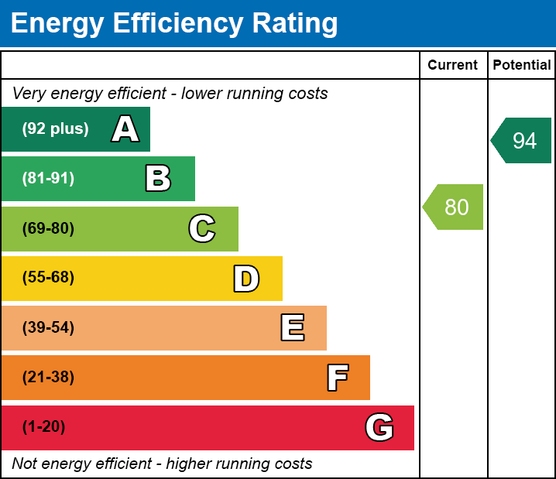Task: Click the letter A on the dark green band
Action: click(x=125, y=129)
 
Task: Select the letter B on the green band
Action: click(x=158, y=179)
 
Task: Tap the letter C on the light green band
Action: click(x=202, y=228)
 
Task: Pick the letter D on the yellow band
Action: click(x=246, y=279)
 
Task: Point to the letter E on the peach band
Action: click(x=292, y=328)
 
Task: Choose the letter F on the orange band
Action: click(x=337, y=378)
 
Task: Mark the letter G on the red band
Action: click(x=379, y=427)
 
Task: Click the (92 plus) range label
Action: click(x=55, y=129)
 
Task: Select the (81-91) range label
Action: click(x=48, y=179)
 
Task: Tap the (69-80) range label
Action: click(x=48, y=228)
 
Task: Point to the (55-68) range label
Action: click(x=48, y=278)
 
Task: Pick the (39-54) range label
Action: click(x=48, y=328)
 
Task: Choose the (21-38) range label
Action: click(x=48, y=378)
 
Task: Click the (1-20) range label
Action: click(x=44, y=427)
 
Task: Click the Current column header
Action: click(x=453, y=66)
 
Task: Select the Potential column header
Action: click(x=522, y=66)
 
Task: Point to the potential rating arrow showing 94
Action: click(x=522, y=141)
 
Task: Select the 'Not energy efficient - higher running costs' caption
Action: click(x=162, y=464)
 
